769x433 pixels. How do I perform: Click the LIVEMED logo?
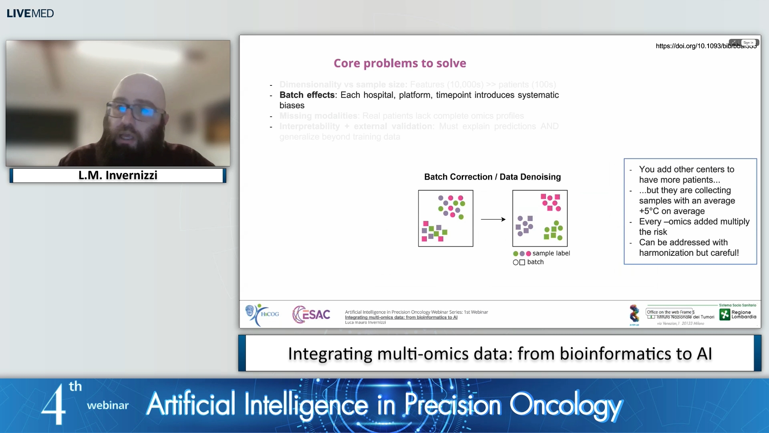(x=30, y=13)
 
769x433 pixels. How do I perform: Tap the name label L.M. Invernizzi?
(x=118, y=175)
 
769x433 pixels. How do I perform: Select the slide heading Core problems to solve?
(x=400, y=63)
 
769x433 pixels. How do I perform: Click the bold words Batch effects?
(x=307, y=95)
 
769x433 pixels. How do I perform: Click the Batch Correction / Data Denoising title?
(x=492, y=177)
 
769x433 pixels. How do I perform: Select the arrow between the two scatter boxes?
(x=493, y=219)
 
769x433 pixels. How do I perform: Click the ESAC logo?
(x=311, y=315)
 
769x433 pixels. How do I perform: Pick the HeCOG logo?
(x=262, y=315)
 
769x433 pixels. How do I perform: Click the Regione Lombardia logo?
(x=738, y=314)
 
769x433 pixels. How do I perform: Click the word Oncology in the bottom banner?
(x=566, y=405)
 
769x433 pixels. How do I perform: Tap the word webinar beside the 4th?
(x=108, y=405)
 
